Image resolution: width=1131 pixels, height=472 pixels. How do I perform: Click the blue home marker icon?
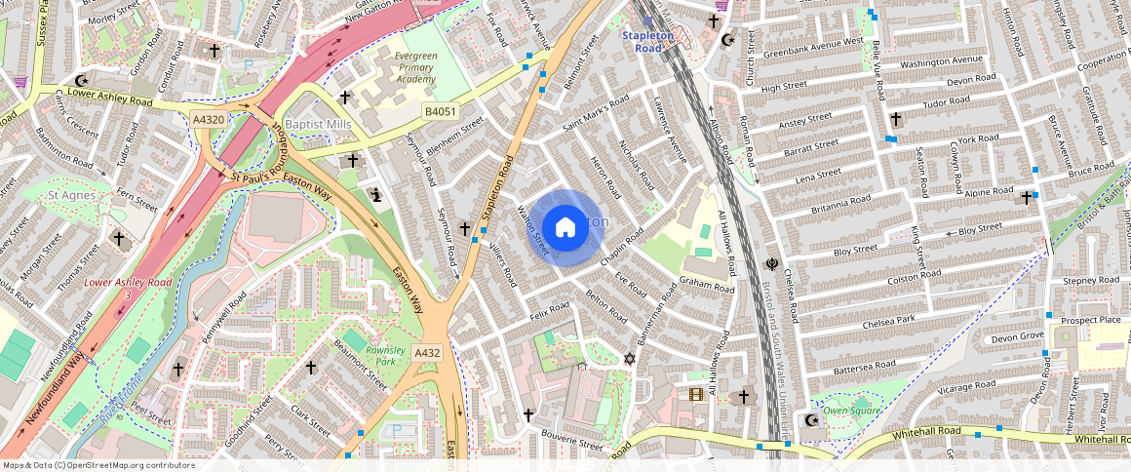tap(565, 228)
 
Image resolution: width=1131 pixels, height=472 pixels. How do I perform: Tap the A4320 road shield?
tap(208, 119)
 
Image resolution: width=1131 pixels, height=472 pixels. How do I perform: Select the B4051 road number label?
tap(440, 113)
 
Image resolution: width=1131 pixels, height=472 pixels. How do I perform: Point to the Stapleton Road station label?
tap(648, 41)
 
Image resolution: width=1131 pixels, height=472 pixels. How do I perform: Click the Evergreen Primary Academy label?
tap(415, 67)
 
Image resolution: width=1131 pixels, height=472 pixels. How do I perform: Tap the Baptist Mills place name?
tap(318, 125)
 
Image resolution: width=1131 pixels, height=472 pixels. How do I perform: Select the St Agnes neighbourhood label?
tap(69, 196)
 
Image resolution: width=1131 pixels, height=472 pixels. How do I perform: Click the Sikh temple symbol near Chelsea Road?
tap(772, 263)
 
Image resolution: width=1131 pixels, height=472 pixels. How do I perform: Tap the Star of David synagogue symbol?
tap(629, 360)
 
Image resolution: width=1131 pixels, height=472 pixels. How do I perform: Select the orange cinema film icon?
tap(695, 394)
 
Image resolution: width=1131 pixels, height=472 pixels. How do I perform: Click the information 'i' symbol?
tap(375, 195)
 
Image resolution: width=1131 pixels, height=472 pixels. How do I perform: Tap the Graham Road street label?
tap(707, 282)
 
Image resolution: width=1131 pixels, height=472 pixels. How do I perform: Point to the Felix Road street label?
tap(550, 312)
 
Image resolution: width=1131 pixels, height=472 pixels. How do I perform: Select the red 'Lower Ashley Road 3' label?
tap(128, 287)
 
